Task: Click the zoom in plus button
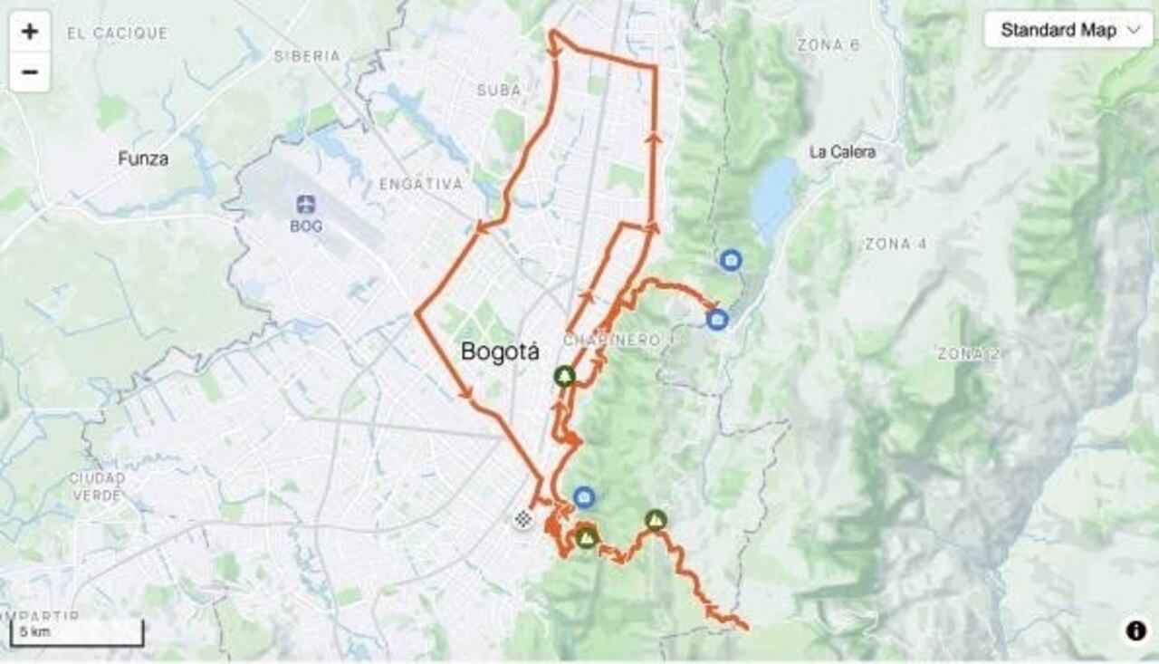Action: pyautogui.click(x=30, y=32)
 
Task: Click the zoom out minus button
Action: pyautogui.click(x=30, y=72)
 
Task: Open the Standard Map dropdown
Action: pyautogui.click(x=1068, y=30)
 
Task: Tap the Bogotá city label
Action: pyautogui.click(x=500, y=351)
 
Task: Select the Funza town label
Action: pyautogui.click(x=143, y=159)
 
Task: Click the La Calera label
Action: pyautogui.click(x=842, y=152)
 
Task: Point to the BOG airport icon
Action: pyautogui.click(x=306, y=204)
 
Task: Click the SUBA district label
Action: pyautogui.click(x=499, y=91)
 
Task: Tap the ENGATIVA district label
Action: pyautogui.click(x=421, y=184)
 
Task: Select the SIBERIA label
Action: pyautogui.click(x=308, y=56)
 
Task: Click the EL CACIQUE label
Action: pyautogui.click(x=118, y=34)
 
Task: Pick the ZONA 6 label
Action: pyautogui.click(x=829, y=44)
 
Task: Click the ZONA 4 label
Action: pyautogui.click(x=896, y=244)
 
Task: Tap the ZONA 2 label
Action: pyautogui.click(x=968, y=353)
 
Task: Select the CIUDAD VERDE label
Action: pyautogui.click(x=97, y=486)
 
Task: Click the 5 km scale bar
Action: pyautogui.click(x=77, y=633)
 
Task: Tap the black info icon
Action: pyautogui.click(x=1135, y=631)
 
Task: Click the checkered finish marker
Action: pyautogui.click(x=522, y=518)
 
